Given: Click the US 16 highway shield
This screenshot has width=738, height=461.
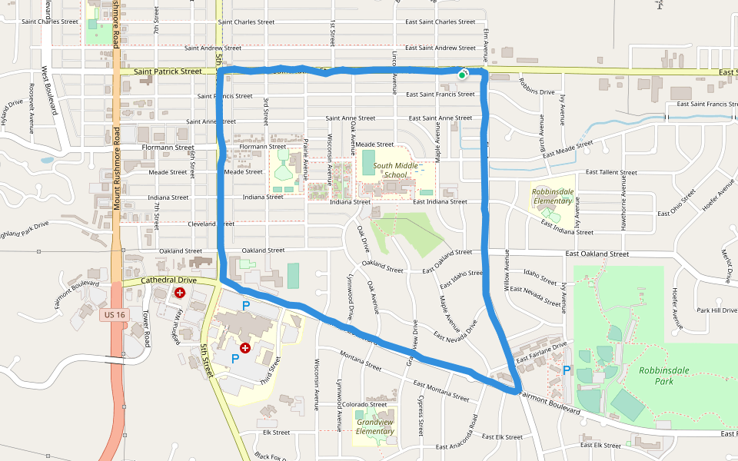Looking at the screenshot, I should tap(114, 315).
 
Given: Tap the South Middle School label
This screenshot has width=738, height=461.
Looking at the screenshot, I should tap(394, 170).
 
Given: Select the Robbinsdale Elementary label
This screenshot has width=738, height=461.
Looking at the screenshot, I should tap(553, 197).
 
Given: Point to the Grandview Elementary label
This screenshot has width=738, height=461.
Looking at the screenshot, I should tap(375, 426).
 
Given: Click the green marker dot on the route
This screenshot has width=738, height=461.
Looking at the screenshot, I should tap(462, 75).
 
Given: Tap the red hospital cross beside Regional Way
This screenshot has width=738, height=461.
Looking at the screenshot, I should tap(181, 293).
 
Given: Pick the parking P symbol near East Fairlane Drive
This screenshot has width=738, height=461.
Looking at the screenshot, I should tap(567, 370).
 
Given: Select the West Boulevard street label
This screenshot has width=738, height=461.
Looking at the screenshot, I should tap(50, 90).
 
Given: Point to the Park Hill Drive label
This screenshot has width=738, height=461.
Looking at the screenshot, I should tap(716, 310).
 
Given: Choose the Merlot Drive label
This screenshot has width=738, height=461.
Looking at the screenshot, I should tap(726, 263).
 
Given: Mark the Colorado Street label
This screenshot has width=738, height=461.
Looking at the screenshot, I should tap(364, 404).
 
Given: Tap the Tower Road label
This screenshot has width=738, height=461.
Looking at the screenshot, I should tap(145, 326).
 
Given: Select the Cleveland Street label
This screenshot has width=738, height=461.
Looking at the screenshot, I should tap(211, 224).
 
